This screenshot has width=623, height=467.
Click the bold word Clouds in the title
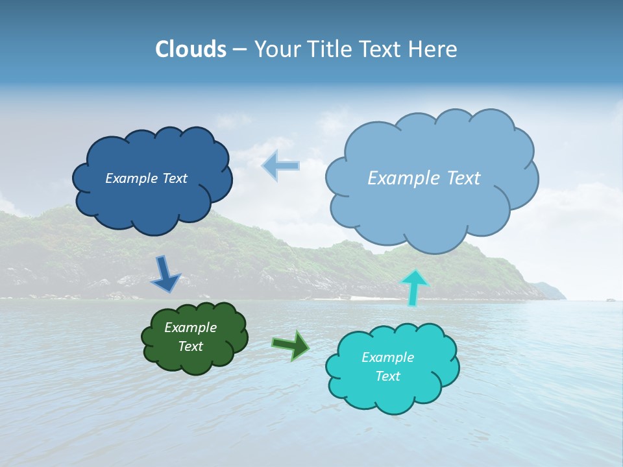pos(191,49)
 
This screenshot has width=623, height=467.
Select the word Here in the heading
pos(434,49)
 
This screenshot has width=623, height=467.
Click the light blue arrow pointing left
pos(280,165)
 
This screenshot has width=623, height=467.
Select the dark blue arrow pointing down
pos(165,274)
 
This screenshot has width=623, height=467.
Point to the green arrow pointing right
pos(291,344)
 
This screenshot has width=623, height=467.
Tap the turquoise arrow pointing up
pos(414,287)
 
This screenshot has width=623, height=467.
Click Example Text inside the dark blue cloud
pos(146,178)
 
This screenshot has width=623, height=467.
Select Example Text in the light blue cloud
pos(424,178)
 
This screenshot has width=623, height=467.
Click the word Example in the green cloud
pos(190,328)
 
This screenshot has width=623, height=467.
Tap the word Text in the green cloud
pos(191,346)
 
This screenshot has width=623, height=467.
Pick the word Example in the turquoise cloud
pos(387,357)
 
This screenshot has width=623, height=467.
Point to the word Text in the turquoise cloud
pos(388,376)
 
